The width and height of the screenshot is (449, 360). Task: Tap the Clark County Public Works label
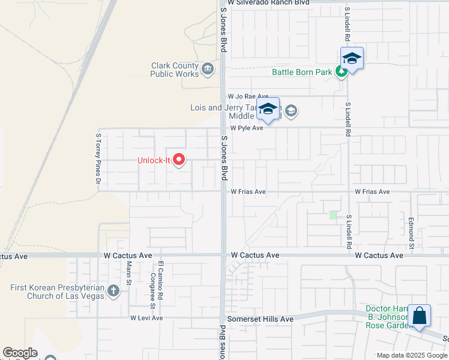point(174,70)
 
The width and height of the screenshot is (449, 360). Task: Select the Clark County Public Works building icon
point(208,70)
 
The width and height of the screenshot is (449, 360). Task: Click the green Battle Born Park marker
point(341,72)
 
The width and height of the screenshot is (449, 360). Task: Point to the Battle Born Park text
point(302,73)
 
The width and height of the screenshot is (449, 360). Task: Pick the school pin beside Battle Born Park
point(352,59)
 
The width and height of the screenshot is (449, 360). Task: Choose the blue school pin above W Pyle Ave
point(268,110)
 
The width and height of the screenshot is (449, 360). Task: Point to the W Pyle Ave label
point(247,128)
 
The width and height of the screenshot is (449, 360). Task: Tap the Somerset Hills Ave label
point(259,319)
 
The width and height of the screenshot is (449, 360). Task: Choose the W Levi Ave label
point(146,318)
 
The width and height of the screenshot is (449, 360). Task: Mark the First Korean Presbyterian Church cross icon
point(113,292)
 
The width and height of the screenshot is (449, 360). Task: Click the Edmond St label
point(412,233)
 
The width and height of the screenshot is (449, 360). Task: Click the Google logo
point(20,353)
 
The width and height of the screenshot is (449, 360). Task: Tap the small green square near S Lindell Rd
point(333,215)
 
